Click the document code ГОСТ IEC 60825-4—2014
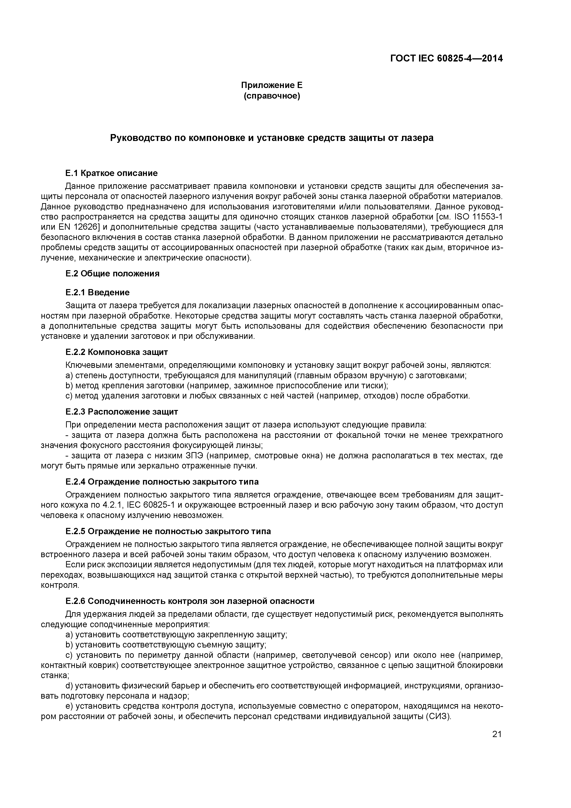[x=446, y=59]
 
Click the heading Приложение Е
[x=272, y=85]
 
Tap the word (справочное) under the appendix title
[x=272, y=96]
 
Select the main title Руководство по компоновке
[x=272, y=138]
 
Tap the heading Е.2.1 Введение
[x=97, y=293]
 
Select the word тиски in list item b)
[x=374, y=386]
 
